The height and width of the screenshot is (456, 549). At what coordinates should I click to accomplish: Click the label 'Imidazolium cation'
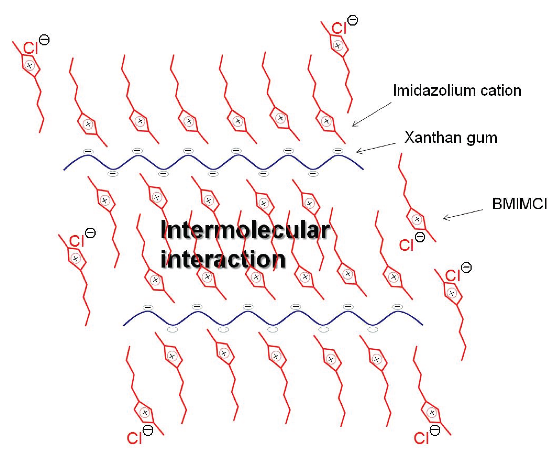(x=457, y=91)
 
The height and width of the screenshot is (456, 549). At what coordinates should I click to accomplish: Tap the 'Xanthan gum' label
(x=451, y=138)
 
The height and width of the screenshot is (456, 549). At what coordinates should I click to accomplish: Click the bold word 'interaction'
(x=223, y=259)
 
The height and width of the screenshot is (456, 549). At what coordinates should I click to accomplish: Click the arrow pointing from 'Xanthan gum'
(x=376, y=148)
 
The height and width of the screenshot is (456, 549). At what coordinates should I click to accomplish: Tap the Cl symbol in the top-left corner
(x=31, y=48)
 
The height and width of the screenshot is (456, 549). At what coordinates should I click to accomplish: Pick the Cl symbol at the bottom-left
(x=134, y=438)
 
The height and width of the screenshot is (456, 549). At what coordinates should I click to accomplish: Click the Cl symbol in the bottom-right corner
(x=421, y=438)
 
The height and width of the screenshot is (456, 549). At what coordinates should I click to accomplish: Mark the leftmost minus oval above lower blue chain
(x=148, y=308)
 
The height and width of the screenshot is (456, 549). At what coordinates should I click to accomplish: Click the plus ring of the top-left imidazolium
(x=30, y=65)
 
